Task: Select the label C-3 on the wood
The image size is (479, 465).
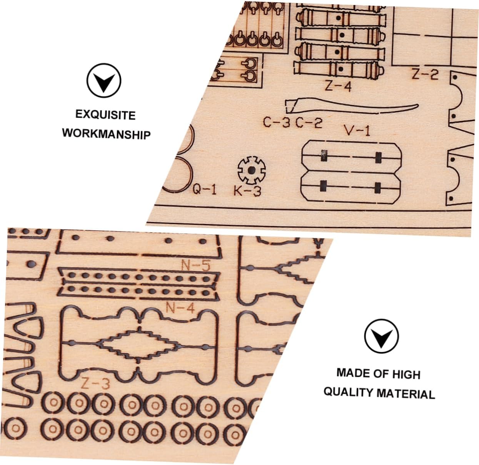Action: (277, 122)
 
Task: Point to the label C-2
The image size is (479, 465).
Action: (309, 123)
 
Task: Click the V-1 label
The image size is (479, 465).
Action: (357, 130)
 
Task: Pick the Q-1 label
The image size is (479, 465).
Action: (205, 189)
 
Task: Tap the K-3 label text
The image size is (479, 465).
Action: (247, 190)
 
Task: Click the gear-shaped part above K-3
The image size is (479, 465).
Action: (251, 170)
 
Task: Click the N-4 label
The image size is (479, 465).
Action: (180, 307)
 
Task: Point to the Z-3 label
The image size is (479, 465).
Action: (95, 383)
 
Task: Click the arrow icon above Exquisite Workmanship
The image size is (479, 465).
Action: (104, 81)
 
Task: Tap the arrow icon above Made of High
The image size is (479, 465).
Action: (381, 336)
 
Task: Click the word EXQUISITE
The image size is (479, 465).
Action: (105, 115)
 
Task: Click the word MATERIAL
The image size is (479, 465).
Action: (406, 393)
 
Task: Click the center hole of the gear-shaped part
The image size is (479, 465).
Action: (251, 170)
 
